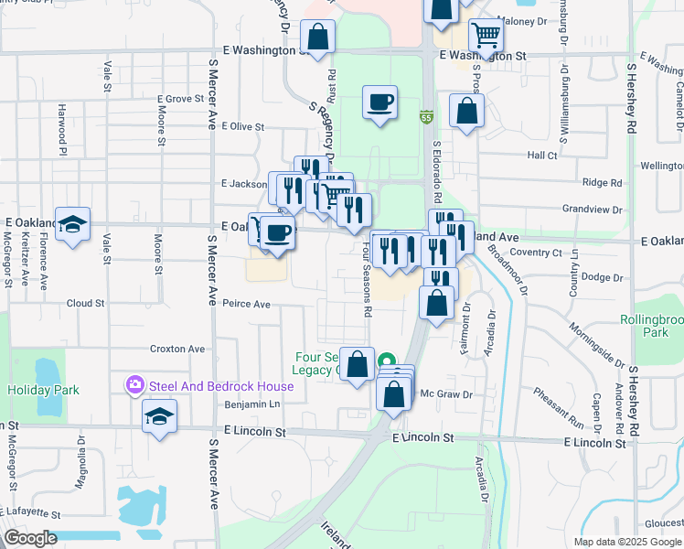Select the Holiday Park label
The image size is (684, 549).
pyautogui.click(x=43, y=391)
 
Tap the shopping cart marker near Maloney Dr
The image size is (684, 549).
pyautogui.click(x=486, y=37)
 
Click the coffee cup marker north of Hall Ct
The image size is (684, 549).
pyautogui.click(x=379, y=102)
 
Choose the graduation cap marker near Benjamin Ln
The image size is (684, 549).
pyautogui.click(x=159, y=415)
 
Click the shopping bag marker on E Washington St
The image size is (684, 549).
pyautogui.click(x=317, y=38)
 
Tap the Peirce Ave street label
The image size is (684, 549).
pyautogui.click(x=246, y=304)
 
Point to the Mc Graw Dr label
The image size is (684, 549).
pyautogui.click(x=445, y=394)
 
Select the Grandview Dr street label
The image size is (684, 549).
pyautogui.click(x=593, y=210)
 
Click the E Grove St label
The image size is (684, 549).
pyautogui.click(x=179, y=99)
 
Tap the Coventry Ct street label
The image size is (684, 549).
pyautogui.click(x=536, y=253)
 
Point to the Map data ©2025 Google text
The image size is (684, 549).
pyautogui.click(x=626, y=542)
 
